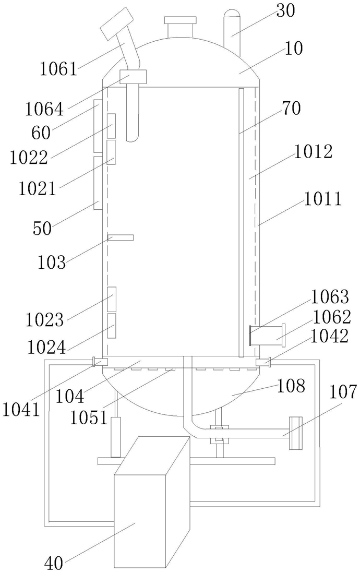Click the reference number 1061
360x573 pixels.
point(58,68)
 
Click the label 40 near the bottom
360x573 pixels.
point(54,563)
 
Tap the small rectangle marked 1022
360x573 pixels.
point(111,126)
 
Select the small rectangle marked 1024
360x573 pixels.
point(111,326)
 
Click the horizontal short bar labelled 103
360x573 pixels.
point(121,237)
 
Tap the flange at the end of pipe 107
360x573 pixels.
point(295,433)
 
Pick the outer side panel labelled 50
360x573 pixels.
point(97,183)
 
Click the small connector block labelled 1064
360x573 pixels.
point(133,77)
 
